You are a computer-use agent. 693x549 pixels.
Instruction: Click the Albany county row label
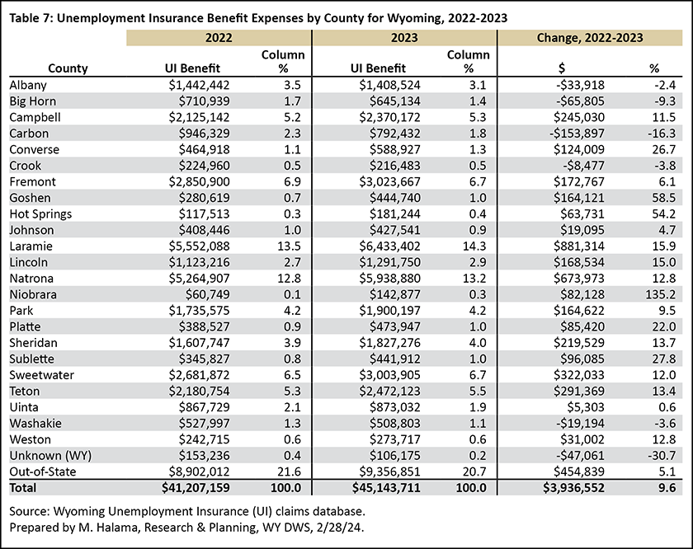click(x=28, y=85)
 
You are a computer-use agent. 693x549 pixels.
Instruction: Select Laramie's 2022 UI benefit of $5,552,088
click(x=199, y=246)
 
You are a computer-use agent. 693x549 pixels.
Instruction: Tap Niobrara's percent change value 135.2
click(x=660, y=294)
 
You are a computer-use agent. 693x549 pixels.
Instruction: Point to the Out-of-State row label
click(x=42, y=472)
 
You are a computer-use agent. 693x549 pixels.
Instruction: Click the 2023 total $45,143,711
click(x=386, y=488)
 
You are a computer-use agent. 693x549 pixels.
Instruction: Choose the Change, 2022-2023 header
click(x=590, y=38)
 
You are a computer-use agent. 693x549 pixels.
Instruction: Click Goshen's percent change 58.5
click(x=664, y=198)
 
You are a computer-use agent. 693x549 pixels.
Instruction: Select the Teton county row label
click(x=24, y=392)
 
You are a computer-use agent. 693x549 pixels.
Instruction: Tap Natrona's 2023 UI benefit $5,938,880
click(x=389, y=279)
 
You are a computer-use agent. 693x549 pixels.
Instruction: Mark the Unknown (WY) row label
click(x=50, y=456)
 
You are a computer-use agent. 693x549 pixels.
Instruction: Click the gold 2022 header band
click(x=219, y=38)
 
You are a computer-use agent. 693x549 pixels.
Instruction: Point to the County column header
click(x=68, y=68)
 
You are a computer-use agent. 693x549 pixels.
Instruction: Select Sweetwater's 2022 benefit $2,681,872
click(x=199, y=375)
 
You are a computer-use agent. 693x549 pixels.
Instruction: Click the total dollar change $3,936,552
click(x=573, y=488)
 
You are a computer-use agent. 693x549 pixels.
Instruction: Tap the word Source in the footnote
click(x=28, y=511)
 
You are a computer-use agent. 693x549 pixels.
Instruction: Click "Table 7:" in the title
click(x=31, y=18)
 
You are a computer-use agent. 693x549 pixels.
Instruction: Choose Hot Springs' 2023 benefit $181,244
click(x=395, y=213)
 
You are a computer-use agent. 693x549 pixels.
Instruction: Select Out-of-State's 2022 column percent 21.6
click(x=289, y=472)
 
